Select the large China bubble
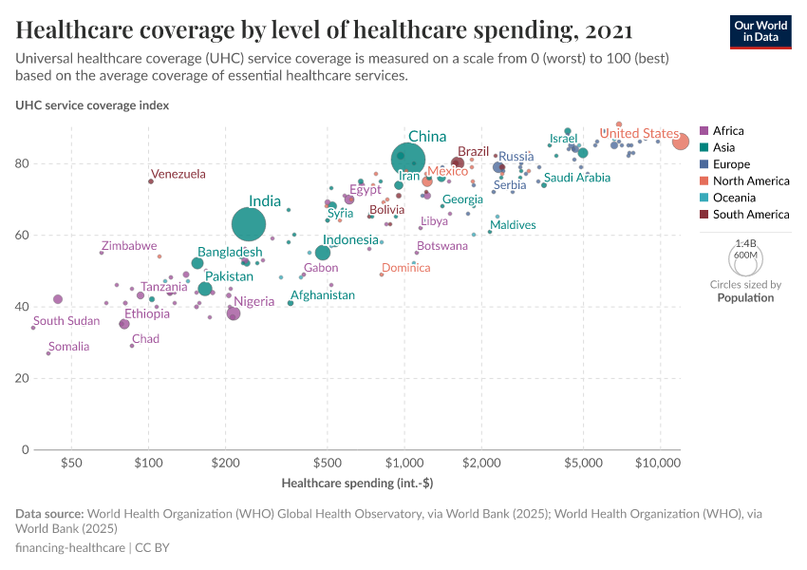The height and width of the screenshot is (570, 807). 408,159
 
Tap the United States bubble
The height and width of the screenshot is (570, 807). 681,142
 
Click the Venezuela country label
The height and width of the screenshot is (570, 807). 178,174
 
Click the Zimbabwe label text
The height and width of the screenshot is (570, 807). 129,246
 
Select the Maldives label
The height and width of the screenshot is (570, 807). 513,225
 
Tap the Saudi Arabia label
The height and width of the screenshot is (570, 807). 577,178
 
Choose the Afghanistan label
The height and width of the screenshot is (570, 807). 323,295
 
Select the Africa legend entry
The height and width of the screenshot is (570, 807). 728,131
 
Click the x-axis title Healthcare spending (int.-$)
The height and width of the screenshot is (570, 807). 357,484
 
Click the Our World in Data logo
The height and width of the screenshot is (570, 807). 761,30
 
